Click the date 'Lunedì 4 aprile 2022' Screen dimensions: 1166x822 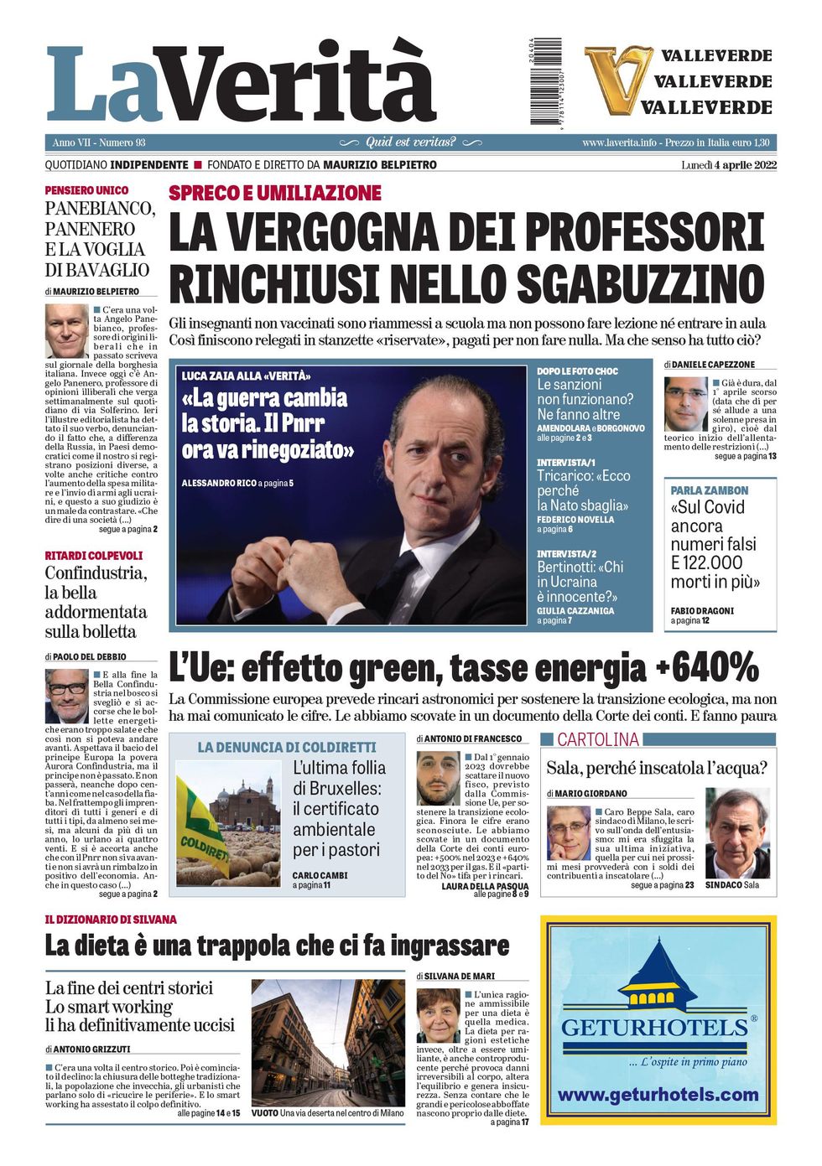tap(728, 165)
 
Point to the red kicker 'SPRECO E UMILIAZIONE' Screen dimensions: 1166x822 tap(275, 193)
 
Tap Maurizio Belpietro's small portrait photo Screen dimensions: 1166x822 tap(66, 331)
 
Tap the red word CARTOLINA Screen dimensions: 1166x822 tap(597, 739)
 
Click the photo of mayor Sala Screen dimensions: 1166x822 tap(736, 833)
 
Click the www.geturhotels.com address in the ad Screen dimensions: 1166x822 tap(658, 1094)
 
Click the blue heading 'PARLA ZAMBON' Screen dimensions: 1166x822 tap(710, 490)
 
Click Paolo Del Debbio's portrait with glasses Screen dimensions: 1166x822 tap(66, 696)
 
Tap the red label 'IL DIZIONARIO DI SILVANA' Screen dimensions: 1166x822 tap(111, 920)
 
